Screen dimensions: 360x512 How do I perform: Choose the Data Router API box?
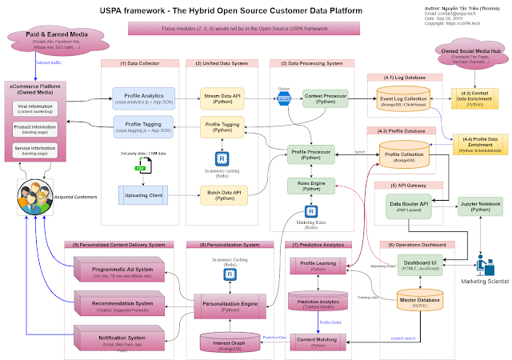[410, 206]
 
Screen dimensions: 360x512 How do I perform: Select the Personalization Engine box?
[230, 305]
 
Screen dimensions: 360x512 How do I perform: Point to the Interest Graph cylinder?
[230, 342]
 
